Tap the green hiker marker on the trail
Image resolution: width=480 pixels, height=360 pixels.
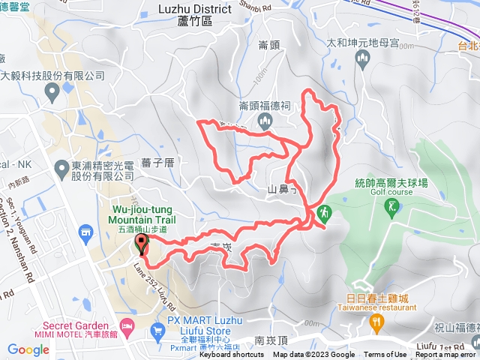coord(323,213)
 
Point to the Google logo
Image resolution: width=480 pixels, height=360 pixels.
coord(28,349)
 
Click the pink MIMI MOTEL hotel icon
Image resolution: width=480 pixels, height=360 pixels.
coord(127,325)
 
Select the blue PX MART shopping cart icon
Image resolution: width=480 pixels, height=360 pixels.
coord(157,330)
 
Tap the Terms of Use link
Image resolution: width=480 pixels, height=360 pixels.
coord(385,355)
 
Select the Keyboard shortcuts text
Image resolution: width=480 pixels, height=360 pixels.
coord(232,355)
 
